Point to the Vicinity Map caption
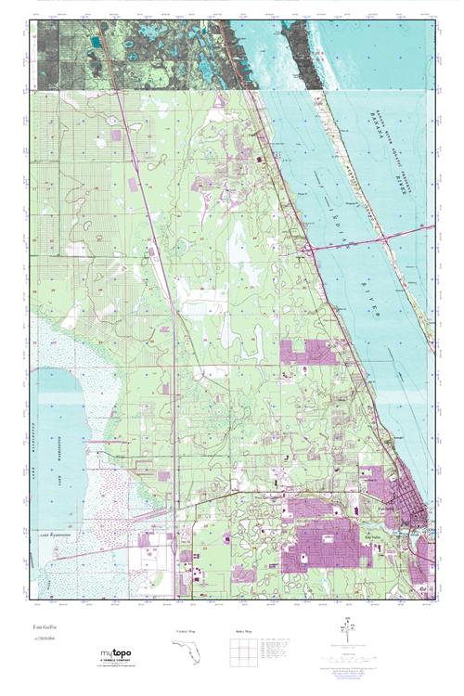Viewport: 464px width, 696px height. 186,630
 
